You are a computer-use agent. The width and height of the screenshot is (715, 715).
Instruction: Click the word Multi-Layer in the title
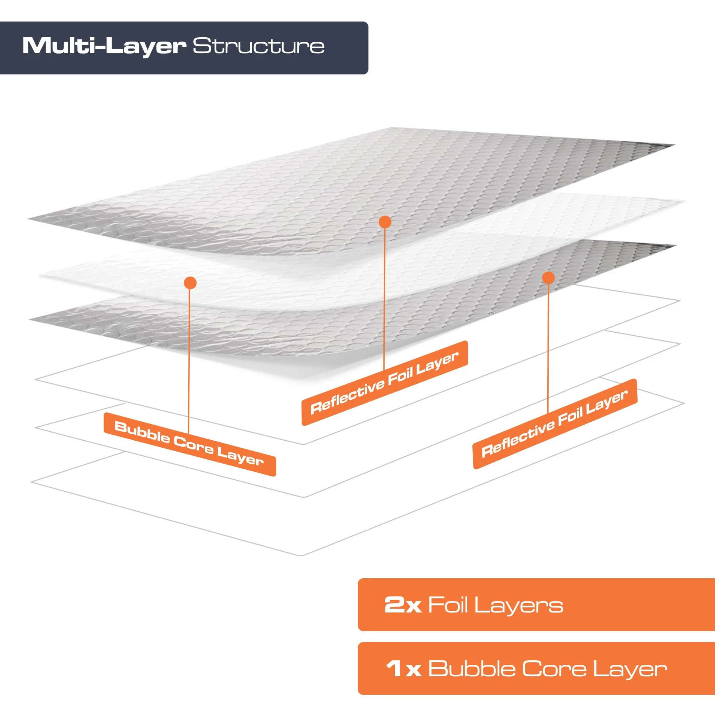tap(104, 47)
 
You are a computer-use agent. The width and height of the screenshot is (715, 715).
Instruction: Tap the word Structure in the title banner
tap(259, 46)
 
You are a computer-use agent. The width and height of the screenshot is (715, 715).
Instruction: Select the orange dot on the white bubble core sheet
tap(190, 283)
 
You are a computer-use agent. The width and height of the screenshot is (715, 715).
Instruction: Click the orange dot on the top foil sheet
tap(385, 222)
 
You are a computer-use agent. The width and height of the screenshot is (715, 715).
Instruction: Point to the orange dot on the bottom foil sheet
tap(548, 278)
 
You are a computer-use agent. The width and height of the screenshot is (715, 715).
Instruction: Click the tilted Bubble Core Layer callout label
tap(190, 444)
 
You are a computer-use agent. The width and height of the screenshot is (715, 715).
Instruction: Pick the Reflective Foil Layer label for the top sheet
tap(385, 383)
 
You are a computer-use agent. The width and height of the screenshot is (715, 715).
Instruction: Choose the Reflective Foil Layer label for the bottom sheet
tap(555, 424)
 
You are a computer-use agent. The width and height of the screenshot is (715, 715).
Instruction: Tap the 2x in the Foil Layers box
tap(403, 605)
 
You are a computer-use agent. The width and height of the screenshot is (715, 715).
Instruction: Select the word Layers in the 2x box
tap(518, 606)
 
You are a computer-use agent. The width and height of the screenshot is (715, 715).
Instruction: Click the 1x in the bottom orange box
tap(403, 669)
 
